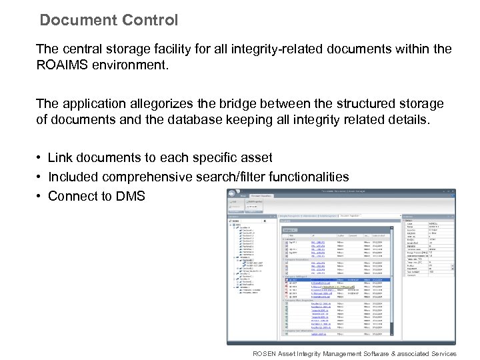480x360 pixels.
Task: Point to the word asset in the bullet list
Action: [x=255, y=158]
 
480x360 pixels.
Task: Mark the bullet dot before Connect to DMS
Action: [x=41, y=196]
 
